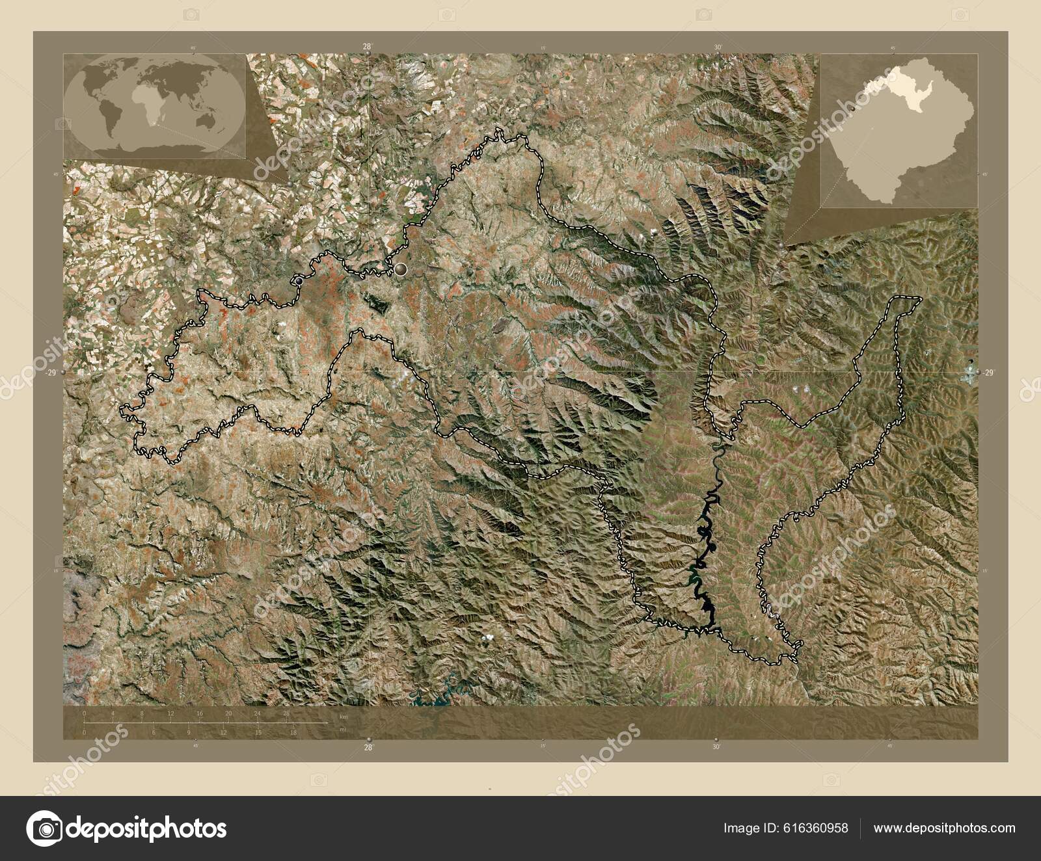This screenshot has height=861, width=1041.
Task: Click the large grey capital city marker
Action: coord(400,268)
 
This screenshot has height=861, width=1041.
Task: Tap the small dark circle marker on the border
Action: coord(299,281)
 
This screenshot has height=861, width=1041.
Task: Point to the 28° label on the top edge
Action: coord(368,47)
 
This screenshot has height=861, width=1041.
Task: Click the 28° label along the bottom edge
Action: coord(368,747)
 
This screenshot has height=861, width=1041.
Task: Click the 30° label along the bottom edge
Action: coord(716,747)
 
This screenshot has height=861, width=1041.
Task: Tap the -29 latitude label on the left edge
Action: coord(51,373)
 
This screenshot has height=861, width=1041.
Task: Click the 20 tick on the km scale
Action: coord(229,714)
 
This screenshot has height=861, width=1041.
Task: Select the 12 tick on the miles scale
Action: coord(223,732)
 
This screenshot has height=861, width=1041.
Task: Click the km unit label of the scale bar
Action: coord(344,717)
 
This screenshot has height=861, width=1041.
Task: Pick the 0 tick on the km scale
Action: coord(85,714)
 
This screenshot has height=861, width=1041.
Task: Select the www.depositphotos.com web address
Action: coord(943,828)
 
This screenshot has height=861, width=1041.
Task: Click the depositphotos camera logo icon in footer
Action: coord(44,828)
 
